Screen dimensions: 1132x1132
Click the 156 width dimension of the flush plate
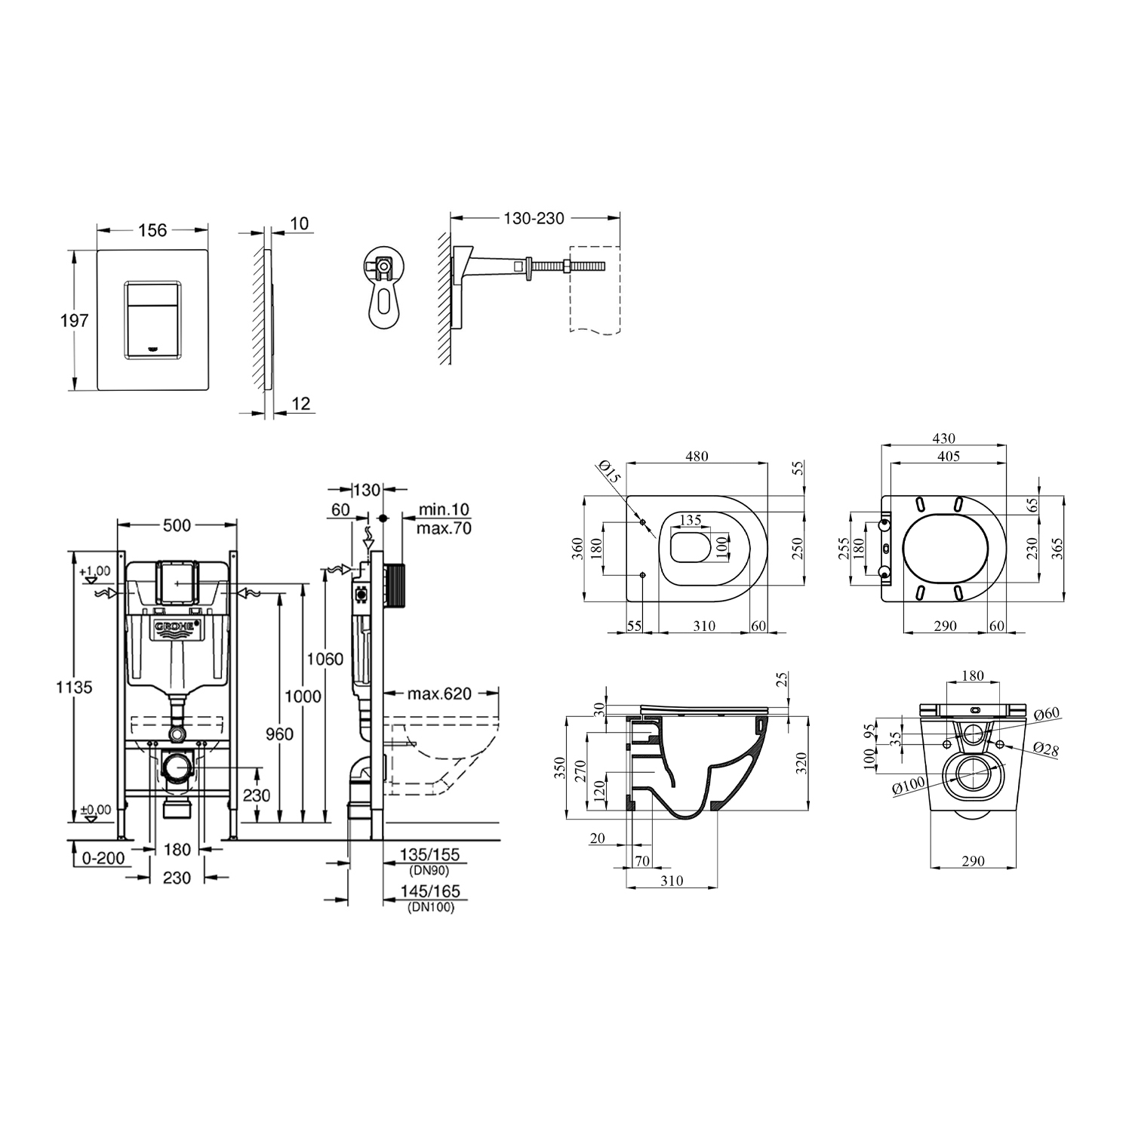(152, 230)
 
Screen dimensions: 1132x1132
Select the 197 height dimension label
(75, 321)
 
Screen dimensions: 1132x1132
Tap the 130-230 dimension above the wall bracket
(534, 218)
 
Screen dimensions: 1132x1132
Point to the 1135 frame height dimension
(74, 688)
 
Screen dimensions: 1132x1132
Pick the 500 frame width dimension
(177, 525)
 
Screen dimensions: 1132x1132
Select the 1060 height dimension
(325, 659)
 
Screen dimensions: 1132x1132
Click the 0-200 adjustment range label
(103, 858)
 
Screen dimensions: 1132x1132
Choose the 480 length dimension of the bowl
(696, 456)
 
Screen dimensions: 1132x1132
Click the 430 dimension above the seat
(943, 438)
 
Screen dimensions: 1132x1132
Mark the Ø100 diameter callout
(908, 786)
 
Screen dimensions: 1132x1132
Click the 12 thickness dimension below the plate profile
(300, 405)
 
